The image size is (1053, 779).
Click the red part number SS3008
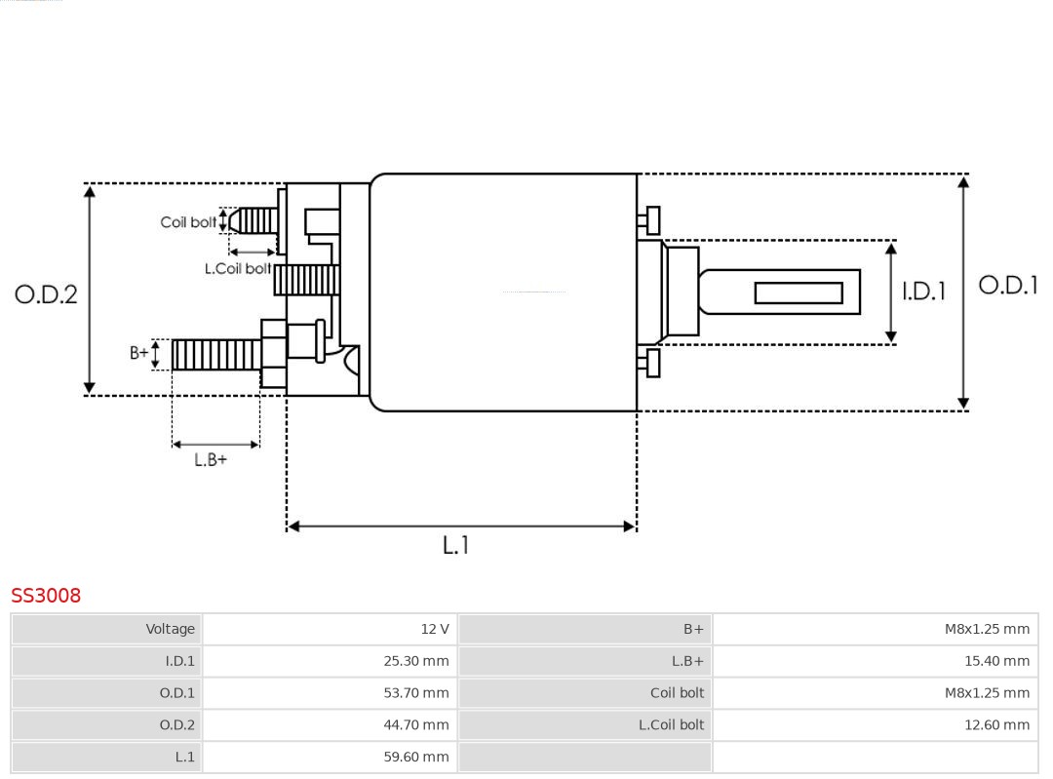pyautogui.click(x=46, y=595)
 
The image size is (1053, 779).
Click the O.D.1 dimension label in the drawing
pyautogui.click(x=1007, y=285)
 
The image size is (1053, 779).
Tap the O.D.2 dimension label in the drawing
pyautogui.click(x=46, y=293)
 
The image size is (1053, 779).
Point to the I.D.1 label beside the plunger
pyautogui.click(x=922, y=291)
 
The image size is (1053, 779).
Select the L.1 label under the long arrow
pyautogui.click(x=455, y=545)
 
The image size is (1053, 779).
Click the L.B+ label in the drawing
pyautogui.click(x=211, y=459)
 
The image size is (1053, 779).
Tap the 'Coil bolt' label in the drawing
pyautogui.click(x=188, y=222)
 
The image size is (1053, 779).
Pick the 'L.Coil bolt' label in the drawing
pyautogui.click(x=237, y=268)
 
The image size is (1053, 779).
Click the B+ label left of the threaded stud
pyautogui.click(x=139, y=353)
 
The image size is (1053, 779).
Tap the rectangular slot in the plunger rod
pyautogui.click(x=798, y=292)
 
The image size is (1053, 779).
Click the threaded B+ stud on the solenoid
pyautogui.click(x=215, y=355)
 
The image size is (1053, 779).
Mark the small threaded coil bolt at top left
pyautogui.click(x=256, y=220)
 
